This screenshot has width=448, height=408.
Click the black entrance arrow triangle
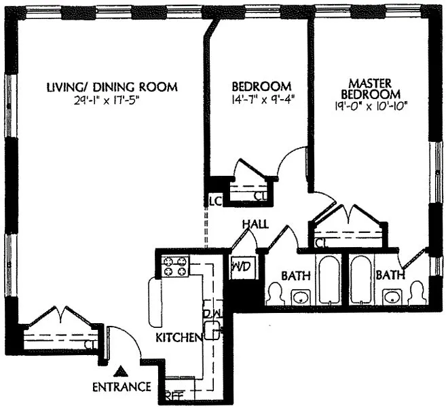pos(122,371)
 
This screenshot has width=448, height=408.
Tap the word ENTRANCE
pos(122,387)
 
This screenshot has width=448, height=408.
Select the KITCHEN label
pos(179,337)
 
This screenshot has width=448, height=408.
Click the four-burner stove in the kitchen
pos(175,267)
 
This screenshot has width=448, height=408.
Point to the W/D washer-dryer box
pos(241,267)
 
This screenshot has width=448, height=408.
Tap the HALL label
pos(256,224)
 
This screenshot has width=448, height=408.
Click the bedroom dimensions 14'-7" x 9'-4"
pos(263,100)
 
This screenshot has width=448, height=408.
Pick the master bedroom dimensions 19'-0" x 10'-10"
pos(371,107)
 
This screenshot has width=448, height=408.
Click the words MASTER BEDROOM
pos(371,89)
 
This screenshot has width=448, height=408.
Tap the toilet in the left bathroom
pos(276,294)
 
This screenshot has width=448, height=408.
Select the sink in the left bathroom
pos(301,297)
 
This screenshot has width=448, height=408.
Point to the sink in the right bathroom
pos(392,297)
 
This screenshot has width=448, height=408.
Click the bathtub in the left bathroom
pos(329,280)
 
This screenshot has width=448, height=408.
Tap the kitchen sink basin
pos(212,331)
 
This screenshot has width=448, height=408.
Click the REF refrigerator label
pos(174,396)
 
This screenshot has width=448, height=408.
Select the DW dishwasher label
pos(212,313)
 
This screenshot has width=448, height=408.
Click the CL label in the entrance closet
pos(91,345)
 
